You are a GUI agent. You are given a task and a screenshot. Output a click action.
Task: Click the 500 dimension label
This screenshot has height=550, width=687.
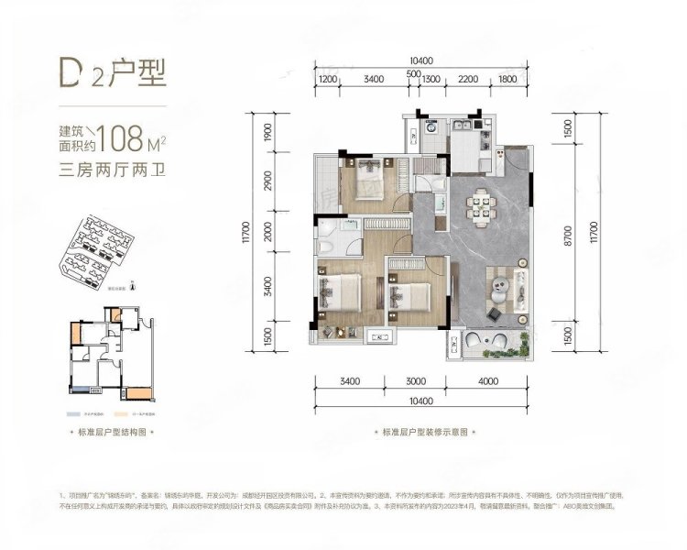(413, 73)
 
